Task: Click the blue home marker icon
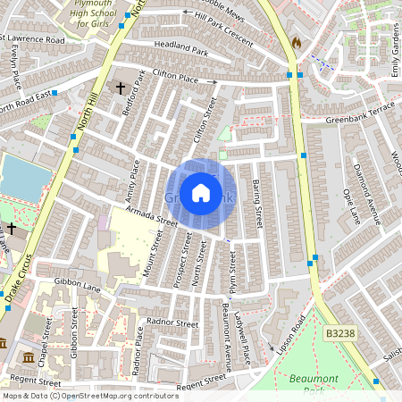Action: [201, 193]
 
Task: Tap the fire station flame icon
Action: [297, 42]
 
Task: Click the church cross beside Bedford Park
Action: [121, 88]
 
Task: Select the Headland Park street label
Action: [180, 53]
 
